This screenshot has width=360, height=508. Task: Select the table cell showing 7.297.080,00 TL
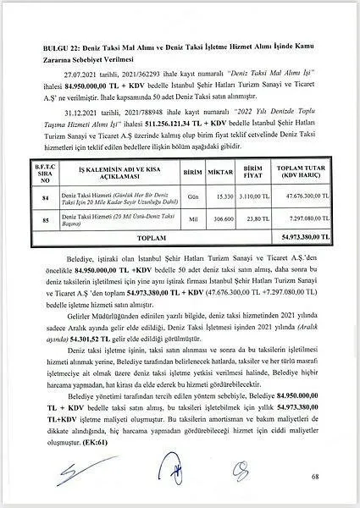[303, 221]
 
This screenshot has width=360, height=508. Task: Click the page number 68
[314, 479]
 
